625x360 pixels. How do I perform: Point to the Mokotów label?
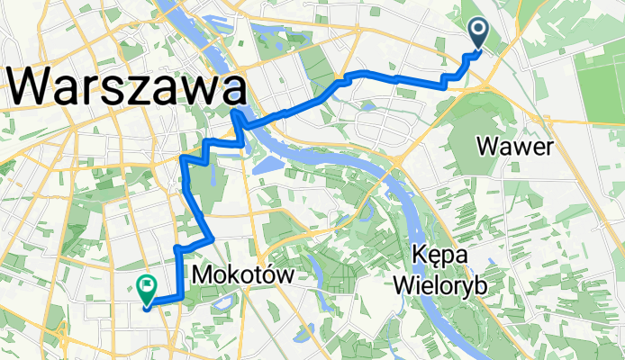coord(243,275)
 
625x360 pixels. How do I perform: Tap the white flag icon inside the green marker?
coord(145,284)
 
